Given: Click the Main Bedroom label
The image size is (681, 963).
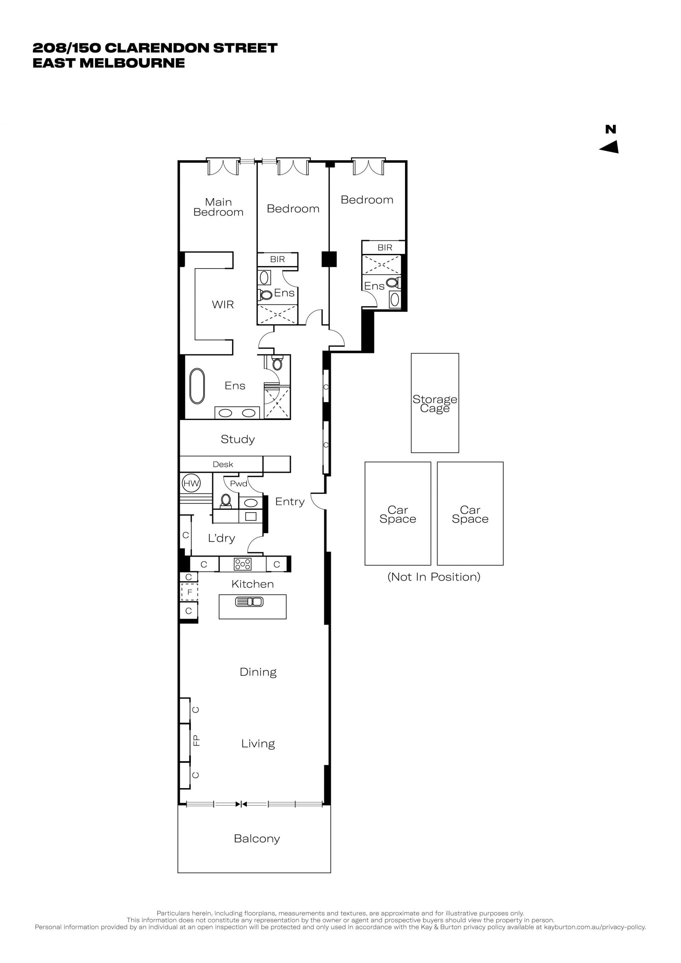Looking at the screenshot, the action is tap(218, 207).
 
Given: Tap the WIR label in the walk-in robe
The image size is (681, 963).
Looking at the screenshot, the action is tap(223, 304).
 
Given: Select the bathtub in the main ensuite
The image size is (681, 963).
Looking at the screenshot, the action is tap(197, 386).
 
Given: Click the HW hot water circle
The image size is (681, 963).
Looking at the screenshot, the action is tap(191, 483).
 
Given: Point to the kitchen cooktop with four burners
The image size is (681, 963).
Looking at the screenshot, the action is tap(242, 564).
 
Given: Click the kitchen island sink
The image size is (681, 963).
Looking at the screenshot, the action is tap(249, 602).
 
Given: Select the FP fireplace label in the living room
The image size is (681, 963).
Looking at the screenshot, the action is tap(196, 740).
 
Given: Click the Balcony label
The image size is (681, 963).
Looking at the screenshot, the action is tap(257, 839).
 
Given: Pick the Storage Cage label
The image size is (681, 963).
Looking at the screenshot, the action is tap(435, 404).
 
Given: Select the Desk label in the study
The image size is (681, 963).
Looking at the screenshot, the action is tap(223, 464).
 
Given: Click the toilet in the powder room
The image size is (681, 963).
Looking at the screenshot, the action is tap(226, 501).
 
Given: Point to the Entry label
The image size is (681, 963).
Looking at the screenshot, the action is tap(290, 502).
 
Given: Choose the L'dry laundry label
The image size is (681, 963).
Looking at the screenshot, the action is tap(221, 538).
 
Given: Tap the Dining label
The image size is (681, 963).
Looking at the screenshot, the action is tap(258, 673).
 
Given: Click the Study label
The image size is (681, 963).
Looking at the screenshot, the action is tap(238, 439).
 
